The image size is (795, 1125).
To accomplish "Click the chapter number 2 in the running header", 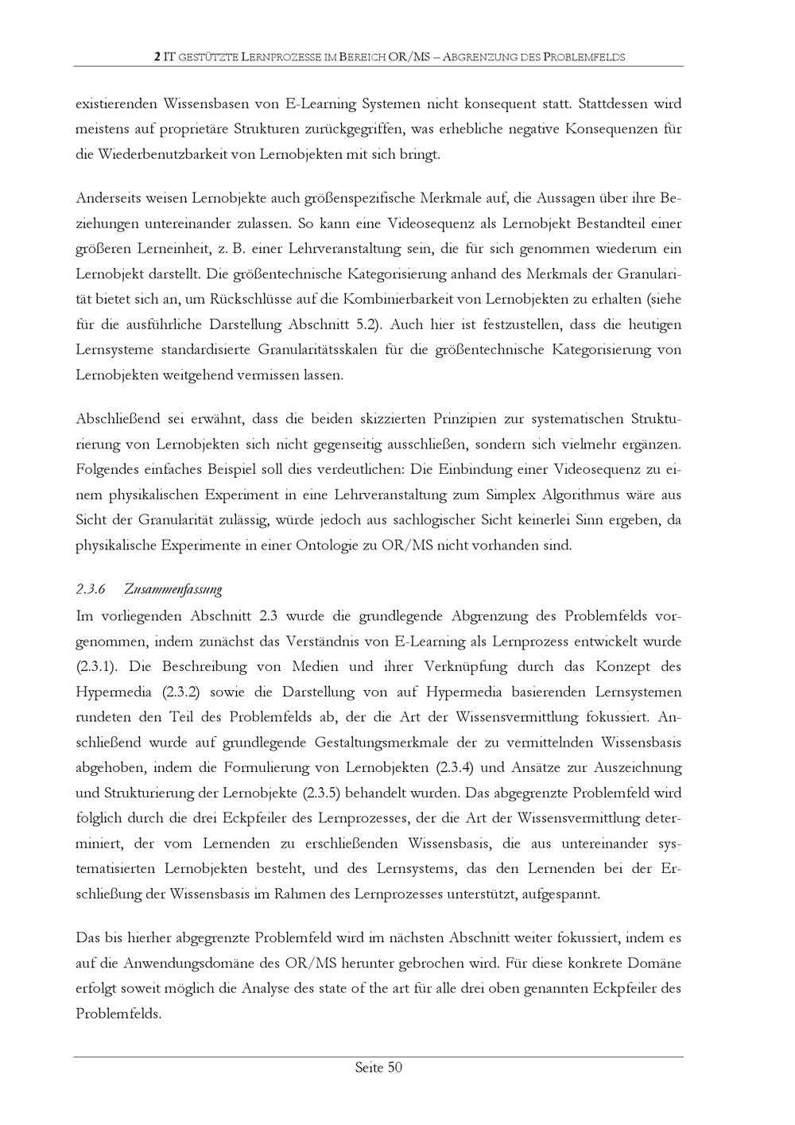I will [x=157, y=57].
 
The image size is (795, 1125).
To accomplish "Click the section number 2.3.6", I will [x=91, y=590].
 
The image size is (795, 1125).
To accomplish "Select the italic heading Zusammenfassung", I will [x=173, y=590].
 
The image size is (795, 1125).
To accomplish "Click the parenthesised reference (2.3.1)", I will [x=98, y=666].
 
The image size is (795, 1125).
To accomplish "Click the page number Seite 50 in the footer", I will [x=378, y=1068].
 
